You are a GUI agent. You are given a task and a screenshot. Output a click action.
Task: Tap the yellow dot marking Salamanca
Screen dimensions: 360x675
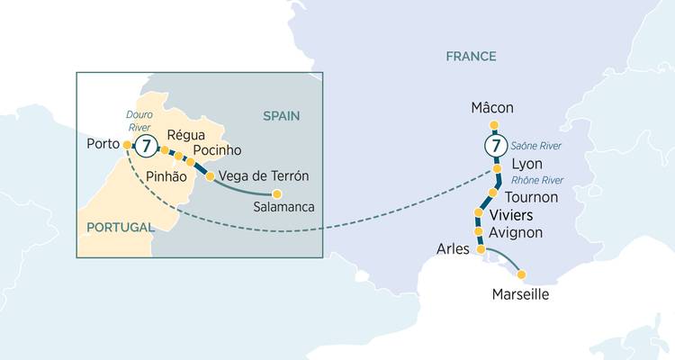click(x=277, y=193)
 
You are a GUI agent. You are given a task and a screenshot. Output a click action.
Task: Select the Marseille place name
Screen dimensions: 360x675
click(x=520, y=294)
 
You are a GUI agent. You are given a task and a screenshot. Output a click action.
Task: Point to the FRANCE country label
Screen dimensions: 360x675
click(x=471, y=57)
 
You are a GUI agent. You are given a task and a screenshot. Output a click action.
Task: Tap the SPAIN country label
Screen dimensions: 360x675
click(x=281, y=115)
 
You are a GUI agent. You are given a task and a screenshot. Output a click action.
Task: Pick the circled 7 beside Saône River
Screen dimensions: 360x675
click(x=492, y=145)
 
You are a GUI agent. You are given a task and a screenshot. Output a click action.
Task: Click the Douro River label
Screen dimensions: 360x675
click(x=112, y=121)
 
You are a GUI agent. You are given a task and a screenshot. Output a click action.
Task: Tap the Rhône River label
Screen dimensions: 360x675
click(x=536, y=180)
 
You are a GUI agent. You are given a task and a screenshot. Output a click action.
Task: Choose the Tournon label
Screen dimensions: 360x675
click(x=532, y=196)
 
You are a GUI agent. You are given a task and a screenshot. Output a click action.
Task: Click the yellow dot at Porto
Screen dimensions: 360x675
click(x=127, y=144)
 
